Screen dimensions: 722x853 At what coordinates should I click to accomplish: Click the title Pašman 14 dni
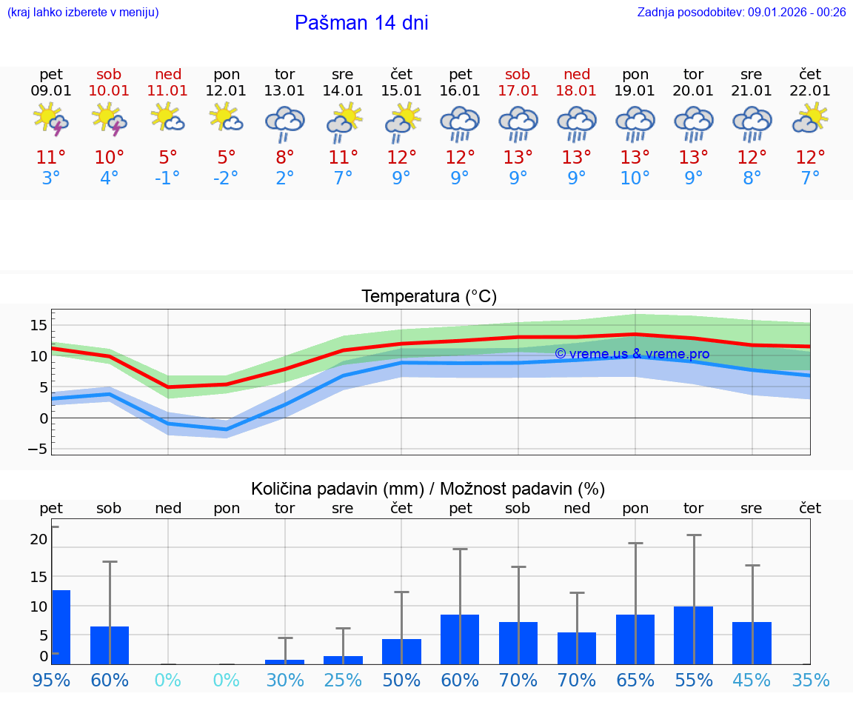point(361,23)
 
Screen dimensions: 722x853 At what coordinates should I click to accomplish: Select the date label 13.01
point(285,90)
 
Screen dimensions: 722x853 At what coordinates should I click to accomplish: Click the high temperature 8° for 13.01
point(285,158)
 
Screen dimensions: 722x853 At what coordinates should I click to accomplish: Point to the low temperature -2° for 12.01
point(227,178)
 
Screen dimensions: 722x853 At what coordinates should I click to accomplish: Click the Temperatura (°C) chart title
point(429,297)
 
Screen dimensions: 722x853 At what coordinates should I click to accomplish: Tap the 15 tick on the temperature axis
point(39,325)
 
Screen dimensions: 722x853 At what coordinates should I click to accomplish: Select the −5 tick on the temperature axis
point(38,449)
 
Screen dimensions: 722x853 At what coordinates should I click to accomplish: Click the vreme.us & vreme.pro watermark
point(632,354)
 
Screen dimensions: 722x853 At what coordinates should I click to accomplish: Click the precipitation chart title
point(428,489)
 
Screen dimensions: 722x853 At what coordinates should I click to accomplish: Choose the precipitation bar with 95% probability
point(61,626)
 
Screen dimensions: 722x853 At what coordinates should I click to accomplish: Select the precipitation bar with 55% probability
point(694,635)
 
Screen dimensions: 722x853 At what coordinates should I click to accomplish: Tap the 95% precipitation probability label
point(51,680)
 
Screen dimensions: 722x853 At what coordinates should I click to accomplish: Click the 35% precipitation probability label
point(810,680)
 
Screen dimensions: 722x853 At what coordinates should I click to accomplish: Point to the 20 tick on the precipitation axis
point(39,539)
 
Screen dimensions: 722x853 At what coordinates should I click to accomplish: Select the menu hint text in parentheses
point(83,12)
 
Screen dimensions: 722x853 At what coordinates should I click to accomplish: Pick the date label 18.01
point(577,90)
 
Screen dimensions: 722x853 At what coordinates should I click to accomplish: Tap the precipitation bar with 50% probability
point(401,651)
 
